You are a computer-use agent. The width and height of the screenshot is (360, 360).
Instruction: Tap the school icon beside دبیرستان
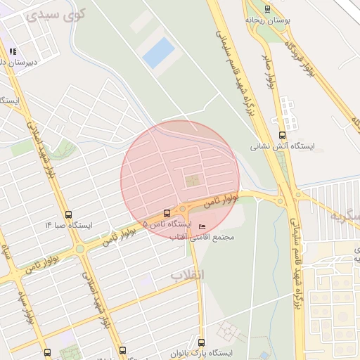13,51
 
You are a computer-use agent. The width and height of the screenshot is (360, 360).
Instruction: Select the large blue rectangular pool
159,53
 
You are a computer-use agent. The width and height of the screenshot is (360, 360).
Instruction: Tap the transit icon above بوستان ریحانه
266,8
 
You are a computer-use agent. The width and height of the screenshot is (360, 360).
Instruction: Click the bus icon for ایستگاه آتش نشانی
282,135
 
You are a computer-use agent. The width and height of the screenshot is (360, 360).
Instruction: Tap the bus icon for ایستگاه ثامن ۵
167,213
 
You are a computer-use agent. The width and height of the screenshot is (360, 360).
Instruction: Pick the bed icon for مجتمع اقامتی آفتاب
202,226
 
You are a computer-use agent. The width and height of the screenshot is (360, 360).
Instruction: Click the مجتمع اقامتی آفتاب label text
202,237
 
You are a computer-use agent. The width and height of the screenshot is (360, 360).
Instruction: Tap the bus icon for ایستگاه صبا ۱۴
68,214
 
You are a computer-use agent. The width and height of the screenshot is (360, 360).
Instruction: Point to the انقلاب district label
187,275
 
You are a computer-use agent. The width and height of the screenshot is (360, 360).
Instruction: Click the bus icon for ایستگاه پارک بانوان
202,342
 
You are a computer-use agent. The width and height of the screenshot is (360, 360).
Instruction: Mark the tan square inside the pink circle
192,181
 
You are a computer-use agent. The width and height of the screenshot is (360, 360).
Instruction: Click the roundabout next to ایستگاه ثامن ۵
184,209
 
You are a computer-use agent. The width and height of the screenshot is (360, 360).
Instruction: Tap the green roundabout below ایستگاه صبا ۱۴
80,248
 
